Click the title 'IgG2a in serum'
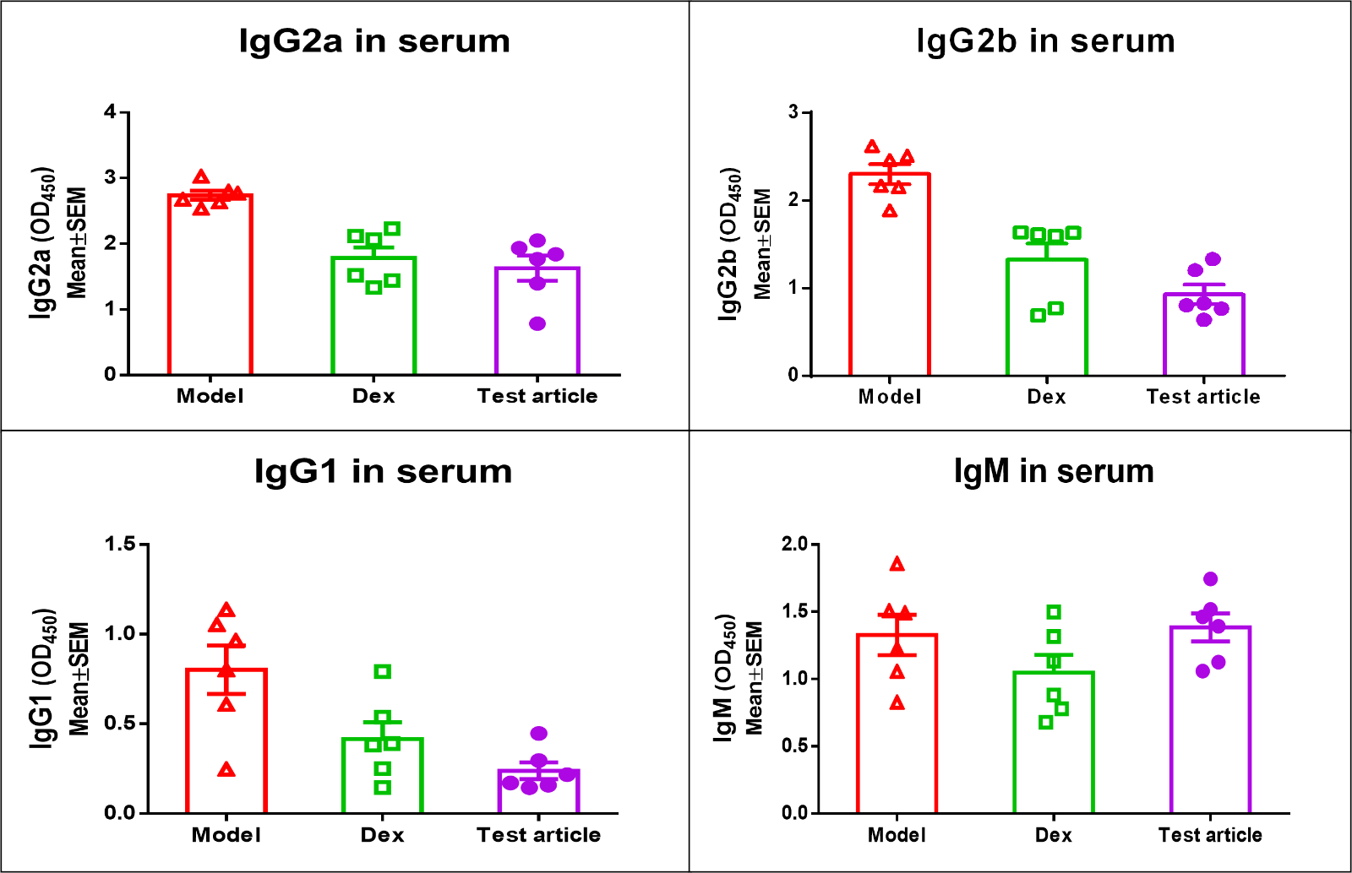[x=374, y=41]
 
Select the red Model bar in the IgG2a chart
[x=210, y=287]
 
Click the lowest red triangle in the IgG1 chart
[x=226, y=769]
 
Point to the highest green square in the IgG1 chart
[x=383, y=672]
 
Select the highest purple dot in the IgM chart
[x=1210, y=579]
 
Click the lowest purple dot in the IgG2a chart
[x=537, y=323]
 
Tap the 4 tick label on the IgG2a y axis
[x=110, y=111]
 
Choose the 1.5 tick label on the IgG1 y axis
[x=120, y=544]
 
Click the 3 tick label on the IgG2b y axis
[x=793, y=111]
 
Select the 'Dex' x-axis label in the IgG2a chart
[x=373, y=397]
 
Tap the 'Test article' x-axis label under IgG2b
[x=1202, y=397]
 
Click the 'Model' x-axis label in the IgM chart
[x=897, y=835]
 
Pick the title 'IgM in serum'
[x=1054, y=471]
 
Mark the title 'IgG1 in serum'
[x=383, y=471]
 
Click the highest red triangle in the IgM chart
[x=897, y=564]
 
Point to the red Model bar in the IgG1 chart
[x=226, y=743]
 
